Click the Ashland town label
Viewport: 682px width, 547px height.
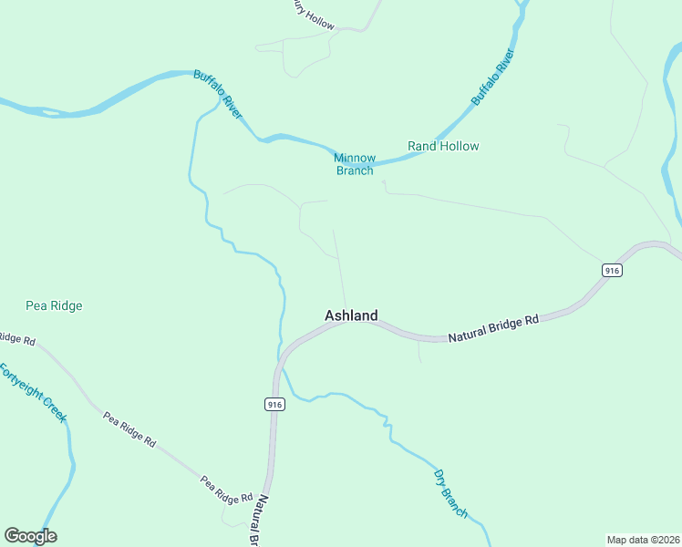click(351, 315)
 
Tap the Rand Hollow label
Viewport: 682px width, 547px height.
click(443, 146)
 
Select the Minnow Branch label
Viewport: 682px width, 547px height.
click(355, 164)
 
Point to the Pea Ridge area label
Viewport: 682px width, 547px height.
click(54, 306)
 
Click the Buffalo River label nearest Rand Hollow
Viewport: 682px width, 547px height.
click(493, 77)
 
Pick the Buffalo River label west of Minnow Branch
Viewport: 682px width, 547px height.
click(218, 95)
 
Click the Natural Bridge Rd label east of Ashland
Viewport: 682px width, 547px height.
click(493, 328)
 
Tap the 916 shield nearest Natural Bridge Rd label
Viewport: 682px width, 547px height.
click(612, 271)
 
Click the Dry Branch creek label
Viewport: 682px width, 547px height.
click(450, 494)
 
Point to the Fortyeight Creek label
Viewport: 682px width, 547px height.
click(34, 393)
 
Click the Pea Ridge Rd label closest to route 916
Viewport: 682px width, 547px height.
click(226, 490)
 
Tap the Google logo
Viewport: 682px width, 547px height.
click(30, 536)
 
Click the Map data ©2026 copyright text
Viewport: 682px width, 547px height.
click(642, 540)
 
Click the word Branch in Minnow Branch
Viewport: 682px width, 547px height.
click(355, 170)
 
